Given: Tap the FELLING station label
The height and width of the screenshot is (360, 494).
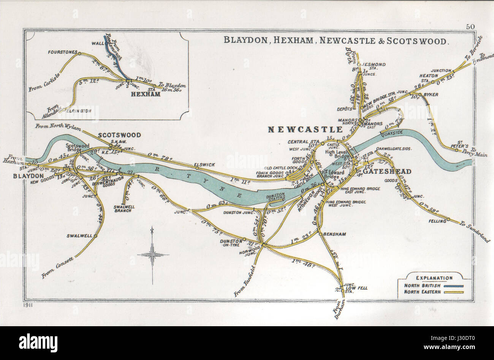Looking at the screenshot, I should click(437, 221).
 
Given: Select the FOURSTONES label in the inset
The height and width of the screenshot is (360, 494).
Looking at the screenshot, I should click(63, 52).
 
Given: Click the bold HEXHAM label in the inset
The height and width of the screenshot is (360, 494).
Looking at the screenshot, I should click(146, 94).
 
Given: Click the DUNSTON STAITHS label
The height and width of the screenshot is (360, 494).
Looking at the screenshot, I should click(274, 199).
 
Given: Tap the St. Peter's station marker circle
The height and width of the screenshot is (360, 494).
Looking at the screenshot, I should click(457, 150).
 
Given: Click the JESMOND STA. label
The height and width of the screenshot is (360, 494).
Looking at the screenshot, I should click(375, 65).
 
